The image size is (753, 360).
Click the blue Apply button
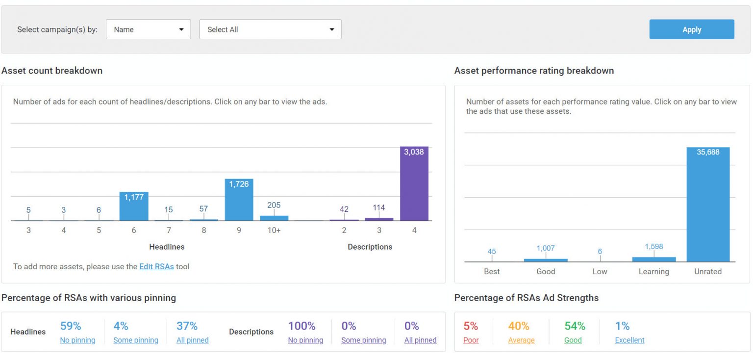(691, 29)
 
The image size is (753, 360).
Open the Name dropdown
(148, 29)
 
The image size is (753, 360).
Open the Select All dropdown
(270, 29)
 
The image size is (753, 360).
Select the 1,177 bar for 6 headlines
(134, 206)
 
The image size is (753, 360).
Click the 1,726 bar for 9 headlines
(239, 200)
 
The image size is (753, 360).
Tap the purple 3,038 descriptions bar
(414, 184)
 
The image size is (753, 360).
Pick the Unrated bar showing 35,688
(707, 205)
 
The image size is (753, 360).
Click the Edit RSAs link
(156, 267)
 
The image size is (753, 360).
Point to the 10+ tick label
(274, 230)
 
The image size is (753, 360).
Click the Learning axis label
(653, 271)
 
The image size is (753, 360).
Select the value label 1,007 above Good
(546, 248)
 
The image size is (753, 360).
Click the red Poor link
(471, 340)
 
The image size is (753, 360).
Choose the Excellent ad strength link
(629, 340)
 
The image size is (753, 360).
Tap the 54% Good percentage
(575, 326)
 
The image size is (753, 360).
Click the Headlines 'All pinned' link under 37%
(192, 340)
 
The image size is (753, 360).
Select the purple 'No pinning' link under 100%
(305, 340)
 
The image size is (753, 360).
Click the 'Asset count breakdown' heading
(52, 71)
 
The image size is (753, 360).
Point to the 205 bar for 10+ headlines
(274, 218)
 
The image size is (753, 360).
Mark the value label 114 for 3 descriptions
(378, 207)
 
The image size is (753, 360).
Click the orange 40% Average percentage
(518, 326)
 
